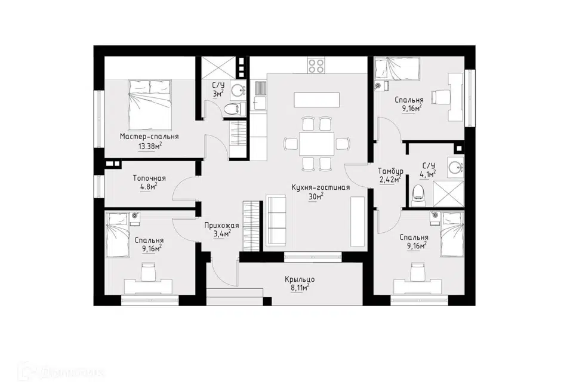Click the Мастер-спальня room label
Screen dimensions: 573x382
tap(149, 137)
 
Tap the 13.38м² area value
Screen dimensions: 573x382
tap(150, 147)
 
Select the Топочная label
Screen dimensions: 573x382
tap(149, 178)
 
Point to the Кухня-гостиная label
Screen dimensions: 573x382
tap(321, 187)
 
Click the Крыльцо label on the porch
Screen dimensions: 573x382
tap(300, 280)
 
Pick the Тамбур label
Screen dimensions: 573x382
tap(390, 171)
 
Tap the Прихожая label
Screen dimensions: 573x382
tap(221, 226)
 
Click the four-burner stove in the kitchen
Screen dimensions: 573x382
tap(316, 66)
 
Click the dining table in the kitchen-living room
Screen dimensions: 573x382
tap(316, 144)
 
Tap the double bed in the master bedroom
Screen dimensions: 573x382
tap(150, 103)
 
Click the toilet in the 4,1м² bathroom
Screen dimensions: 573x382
tap(418, 194)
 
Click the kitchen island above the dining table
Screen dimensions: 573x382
tap(316, 100)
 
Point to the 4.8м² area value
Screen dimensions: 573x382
tap(149, 187)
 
